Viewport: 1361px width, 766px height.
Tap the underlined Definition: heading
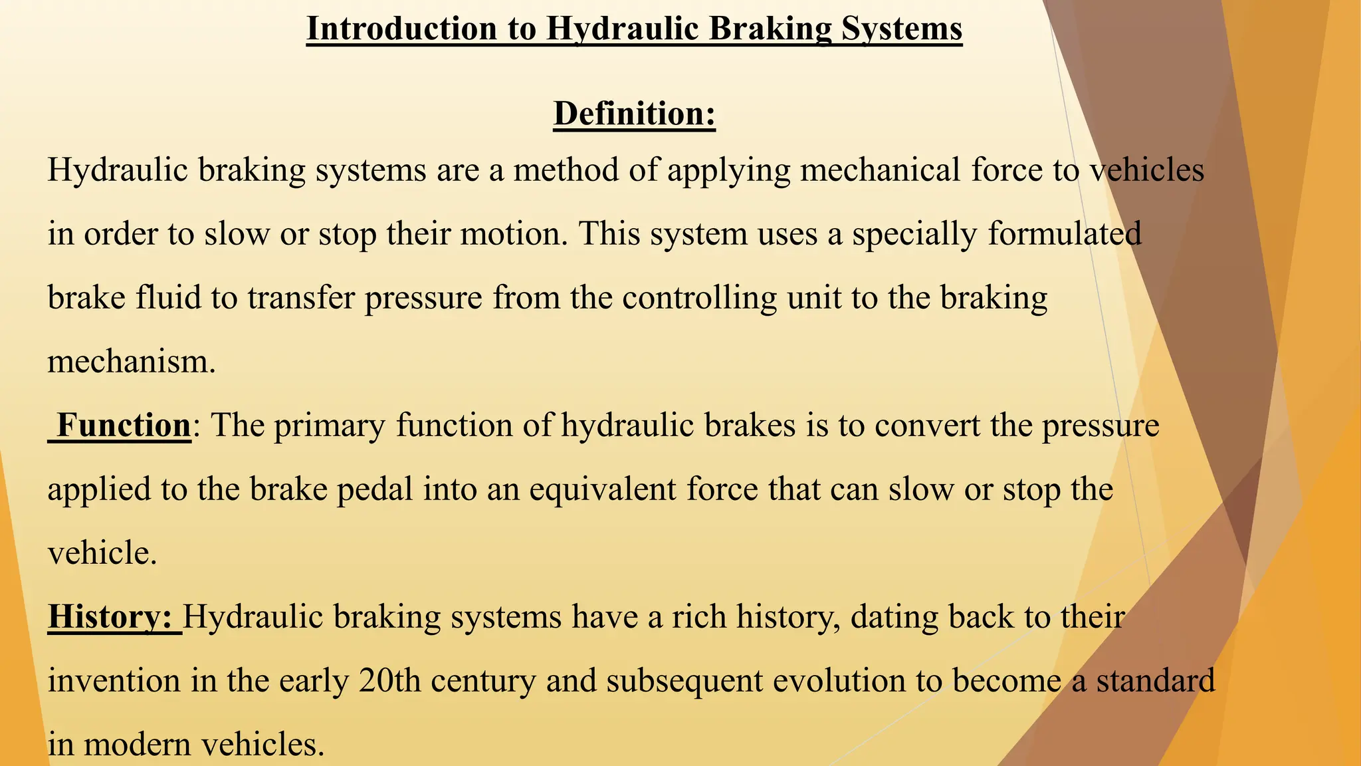point(634,114)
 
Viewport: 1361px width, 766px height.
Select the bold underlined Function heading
point(124,426)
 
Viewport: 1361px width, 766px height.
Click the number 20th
point(389,681)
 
